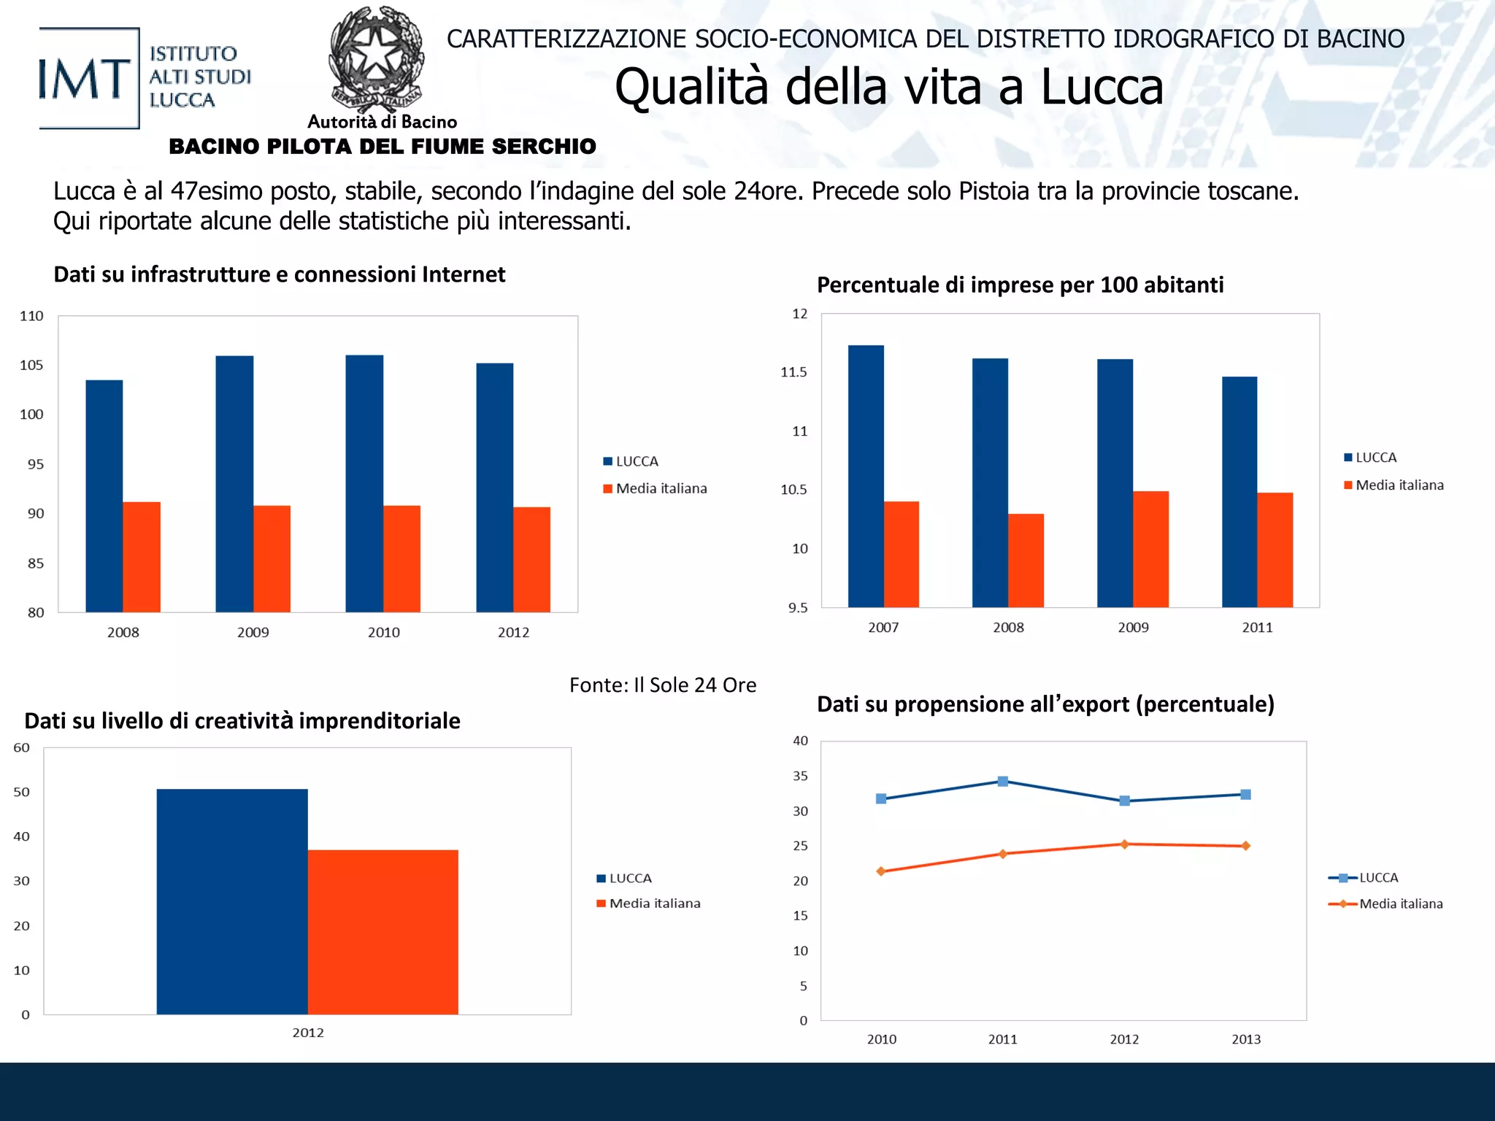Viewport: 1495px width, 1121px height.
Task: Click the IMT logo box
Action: tap(88, 78)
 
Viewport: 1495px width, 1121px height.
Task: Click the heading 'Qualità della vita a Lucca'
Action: tap(888, 87)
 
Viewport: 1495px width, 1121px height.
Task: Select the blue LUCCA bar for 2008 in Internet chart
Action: tap(104, 496)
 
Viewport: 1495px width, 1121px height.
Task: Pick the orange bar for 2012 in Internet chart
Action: tap(531, 559)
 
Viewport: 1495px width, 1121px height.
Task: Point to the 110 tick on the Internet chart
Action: tap(31, 316)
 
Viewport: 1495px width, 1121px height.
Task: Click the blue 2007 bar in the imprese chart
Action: tap(866, 476)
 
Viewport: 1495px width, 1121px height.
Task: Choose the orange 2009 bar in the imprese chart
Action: tap(1150, 549)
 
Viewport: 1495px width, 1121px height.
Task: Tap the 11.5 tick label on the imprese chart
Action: tap(793, 372)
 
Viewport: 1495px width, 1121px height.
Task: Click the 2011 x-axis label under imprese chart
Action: tap(1257, 628)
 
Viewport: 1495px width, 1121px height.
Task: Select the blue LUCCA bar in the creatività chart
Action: tap(232, 901)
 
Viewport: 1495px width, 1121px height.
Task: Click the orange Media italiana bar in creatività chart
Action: tap(383, 932)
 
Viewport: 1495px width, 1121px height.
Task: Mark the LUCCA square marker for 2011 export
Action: tap(1003, 782)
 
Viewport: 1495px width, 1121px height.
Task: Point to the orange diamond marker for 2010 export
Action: tap(881, 871)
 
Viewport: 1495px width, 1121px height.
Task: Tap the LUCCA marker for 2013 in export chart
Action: tap(1245, 795)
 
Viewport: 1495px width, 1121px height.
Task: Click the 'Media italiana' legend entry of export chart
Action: tap(1400, 904)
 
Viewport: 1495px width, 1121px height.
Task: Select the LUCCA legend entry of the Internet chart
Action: tap(637, 461)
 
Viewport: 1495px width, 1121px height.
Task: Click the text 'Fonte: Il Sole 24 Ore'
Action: tap(662, 685)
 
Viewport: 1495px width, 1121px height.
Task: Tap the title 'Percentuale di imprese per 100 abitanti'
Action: tap(1020, 285)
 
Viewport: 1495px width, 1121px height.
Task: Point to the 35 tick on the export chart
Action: tap(801, 776)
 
